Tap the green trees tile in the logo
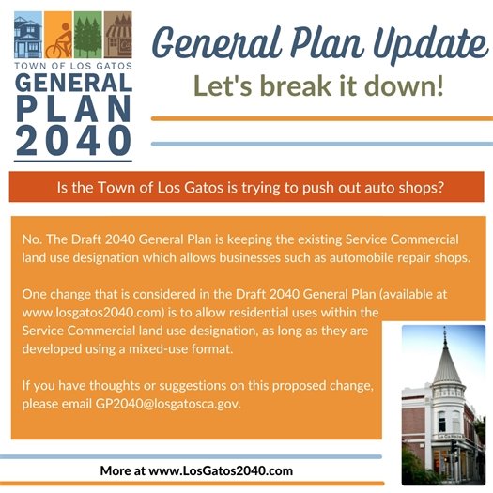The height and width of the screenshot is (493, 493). (x=87, y=36)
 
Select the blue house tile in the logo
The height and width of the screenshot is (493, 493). (x=28, y=36)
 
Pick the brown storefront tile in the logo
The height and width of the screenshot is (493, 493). (x=117, y=36)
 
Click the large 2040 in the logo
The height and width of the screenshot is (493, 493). (x=72, y=138)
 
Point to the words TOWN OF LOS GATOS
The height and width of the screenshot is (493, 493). (x=72, y=67)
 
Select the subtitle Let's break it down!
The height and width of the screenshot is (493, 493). (x=317, y=86)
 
